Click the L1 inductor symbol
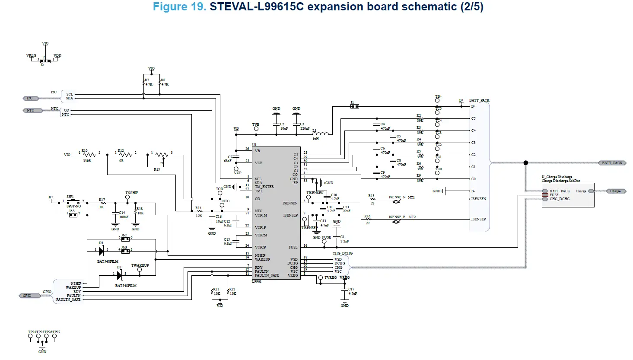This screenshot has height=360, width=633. click(321, 133)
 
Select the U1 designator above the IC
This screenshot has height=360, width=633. click(254, 145)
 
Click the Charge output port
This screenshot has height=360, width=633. click(615, 191)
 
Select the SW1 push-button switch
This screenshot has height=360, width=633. click(73, 201)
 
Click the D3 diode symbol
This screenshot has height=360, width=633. click(101, 251)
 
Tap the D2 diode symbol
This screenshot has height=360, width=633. click(119, 275)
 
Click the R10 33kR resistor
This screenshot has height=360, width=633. click(89, 154)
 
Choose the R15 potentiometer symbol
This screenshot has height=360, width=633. click(161, 155)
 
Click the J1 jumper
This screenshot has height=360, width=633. click(354, 106)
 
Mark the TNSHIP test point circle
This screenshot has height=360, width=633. click(127, 198)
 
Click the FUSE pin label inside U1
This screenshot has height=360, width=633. click(293, 247)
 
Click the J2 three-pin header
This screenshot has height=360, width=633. click(45, 61)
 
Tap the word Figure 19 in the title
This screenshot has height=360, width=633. click(179, 7)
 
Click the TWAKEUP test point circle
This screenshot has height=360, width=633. click(140, 270)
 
